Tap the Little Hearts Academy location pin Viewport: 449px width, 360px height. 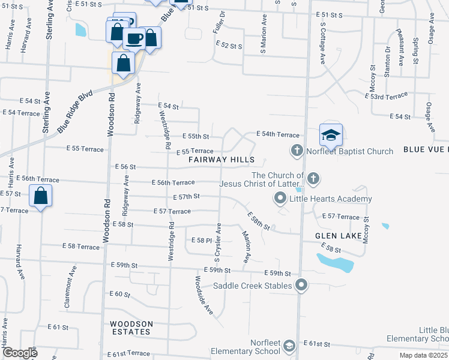point(280,198)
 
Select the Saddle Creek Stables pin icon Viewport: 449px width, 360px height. point(301,286)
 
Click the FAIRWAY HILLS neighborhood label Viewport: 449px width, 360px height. point(221,160)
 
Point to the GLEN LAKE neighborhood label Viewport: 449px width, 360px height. point(337,236)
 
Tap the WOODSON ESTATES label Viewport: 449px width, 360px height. point(131,328)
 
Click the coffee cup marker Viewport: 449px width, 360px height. point(134,39)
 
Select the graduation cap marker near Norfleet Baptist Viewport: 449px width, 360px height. point(331,136)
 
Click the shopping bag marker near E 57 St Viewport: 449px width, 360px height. point(40,196)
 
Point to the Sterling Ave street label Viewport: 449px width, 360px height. point(50,20)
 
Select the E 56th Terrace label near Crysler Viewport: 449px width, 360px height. point(173,182)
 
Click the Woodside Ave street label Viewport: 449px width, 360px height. point(204,295)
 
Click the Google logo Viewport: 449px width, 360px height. point(19,353)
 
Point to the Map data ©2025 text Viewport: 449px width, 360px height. point(424,355)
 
